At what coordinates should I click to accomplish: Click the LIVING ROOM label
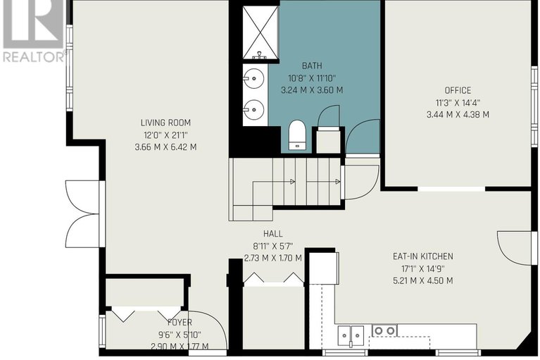point(165,123)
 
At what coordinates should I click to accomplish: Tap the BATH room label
point(312,66)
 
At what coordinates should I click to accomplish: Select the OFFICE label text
point(458,90)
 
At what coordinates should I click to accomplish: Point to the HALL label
point(272,234)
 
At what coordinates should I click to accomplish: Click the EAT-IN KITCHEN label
point(423,256)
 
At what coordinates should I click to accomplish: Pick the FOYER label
point(180,323)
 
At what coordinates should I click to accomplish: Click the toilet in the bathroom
point(297,135)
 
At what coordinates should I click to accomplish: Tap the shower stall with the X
point(260,32)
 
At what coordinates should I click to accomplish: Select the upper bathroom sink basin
point(255,78)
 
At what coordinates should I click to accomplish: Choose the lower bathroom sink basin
point(255,110)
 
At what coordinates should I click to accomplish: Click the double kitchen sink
point(351,335)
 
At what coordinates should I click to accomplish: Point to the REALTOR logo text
point(34,57)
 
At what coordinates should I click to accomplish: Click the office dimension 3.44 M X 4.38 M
point(458,115)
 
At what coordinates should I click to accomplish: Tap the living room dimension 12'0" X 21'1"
point(165,135)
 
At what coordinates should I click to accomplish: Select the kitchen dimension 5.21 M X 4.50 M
point(423,281)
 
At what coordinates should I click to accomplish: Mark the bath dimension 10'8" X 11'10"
point(312,78)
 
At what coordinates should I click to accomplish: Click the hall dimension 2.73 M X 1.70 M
point(272,258)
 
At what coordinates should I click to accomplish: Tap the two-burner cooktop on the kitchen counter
point(384,330)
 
